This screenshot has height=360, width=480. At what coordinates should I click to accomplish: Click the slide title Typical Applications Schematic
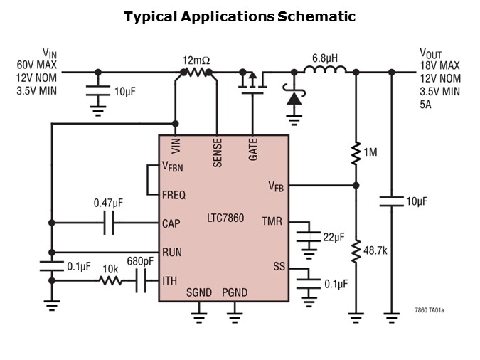click(x=240, y=16)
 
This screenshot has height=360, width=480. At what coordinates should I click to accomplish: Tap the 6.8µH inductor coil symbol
click(x=325, y=70)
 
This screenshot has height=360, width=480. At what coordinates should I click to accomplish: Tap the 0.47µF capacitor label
click(x=108, y=203)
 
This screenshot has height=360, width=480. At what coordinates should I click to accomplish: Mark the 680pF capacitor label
click(x=140, y=260)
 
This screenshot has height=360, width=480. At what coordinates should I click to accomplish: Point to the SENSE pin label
click(x=217, y=152)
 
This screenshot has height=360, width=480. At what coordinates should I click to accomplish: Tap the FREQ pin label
click(x=174, y=194)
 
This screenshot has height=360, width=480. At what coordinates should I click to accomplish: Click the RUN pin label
click(x=171, y=251)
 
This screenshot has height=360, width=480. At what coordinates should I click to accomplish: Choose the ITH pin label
click(x=169, y=280)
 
